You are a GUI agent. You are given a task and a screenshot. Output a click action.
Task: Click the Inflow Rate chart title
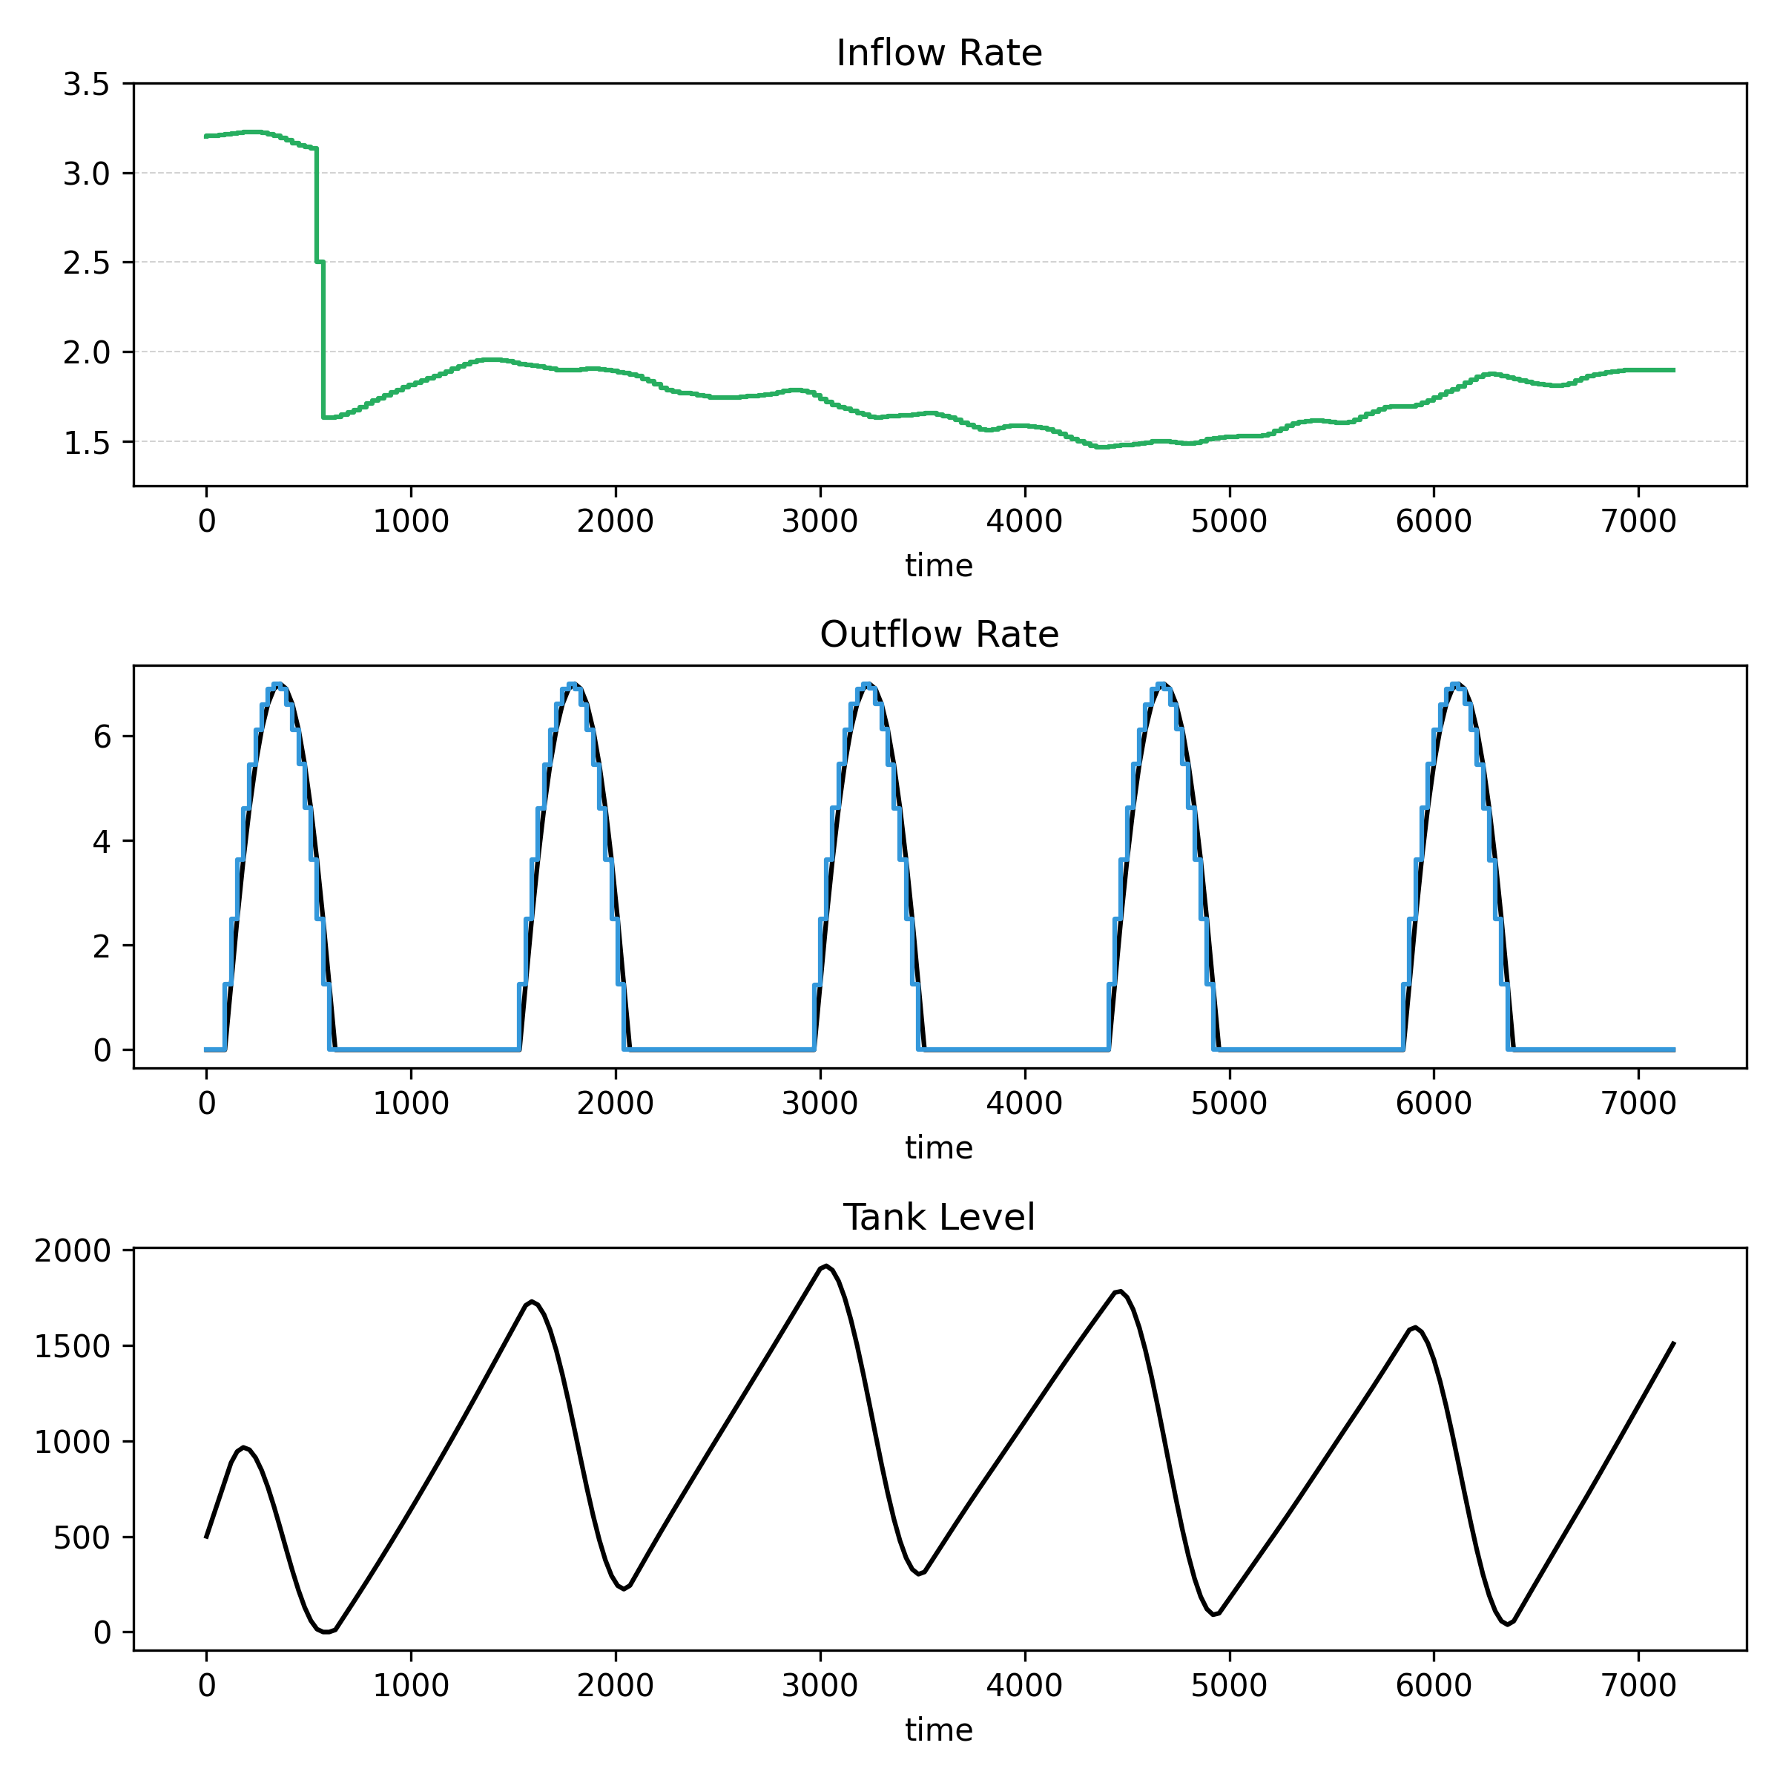pos(939,53)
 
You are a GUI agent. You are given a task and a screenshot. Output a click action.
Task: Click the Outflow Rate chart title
pos(939,635)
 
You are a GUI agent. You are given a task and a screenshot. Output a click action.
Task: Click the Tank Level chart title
pos(939,1218)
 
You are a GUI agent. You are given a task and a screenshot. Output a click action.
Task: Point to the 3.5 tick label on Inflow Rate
pos(86,85)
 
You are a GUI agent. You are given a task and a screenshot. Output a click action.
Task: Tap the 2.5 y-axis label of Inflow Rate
pos(86,263)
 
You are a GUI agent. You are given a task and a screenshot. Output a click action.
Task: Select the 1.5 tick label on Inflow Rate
pos(86,444)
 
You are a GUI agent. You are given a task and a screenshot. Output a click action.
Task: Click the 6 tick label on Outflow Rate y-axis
pos(102,737)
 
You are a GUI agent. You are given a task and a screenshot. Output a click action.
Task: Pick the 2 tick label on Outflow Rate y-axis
pos(102,946)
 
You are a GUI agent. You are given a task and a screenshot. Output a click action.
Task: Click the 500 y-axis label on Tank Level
pos(81,1537)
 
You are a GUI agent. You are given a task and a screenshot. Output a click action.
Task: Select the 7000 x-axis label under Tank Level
pos(1638,1686)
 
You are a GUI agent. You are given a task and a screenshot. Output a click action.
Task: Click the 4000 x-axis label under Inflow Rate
pos(1024,521)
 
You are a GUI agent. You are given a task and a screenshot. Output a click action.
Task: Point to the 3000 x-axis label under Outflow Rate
pos(820,1104)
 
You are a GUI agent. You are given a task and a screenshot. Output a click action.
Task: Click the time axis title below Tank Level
pos(939,1730)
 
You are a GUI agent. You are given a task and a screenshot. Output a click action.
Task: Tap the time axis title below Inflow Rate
pos(939,566)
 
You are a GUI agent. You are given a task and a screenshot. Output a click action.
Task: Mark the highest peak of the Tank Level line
pos(826,1267)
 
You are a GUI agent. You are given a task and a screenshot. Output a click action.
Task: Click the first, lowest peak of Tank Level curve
pos(244,1448)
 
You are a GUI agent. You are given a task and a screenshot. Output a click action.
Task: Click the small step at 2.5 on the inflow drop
pos(320,263)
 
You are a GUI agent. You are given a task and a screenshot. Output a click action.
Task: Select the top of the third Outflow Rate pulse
pos(867,685)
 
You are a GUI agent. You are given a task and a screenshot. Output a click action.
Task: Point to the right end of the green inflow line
pos(1673,370)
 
